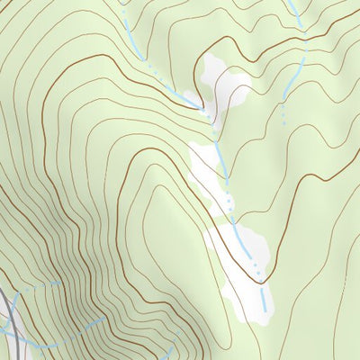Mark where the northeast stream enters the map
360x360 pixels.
(292, 1)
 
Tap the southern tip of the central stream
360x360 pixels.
(265, 310)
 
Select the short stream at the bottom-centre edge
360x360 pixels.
(170, 351)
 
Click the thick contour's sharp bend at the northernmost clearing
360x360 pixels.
(200, 108)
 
